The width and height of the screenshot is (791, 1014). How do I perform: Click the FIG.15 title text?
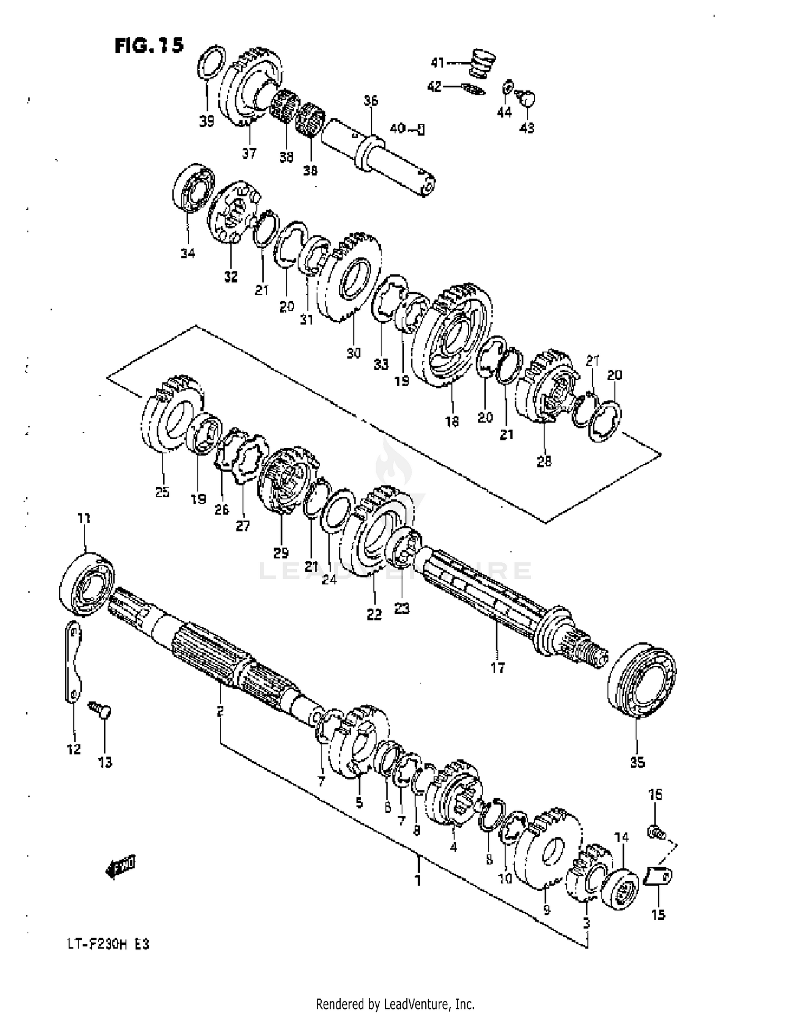pos(149,46)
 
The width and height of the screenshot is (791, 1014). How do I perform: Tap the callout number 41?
pos(438,63)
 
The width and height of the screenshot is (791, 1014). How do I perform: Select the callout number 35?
pos(637,762)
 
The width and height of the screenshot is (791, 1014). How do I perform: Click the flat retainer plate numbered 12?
pos(73,663)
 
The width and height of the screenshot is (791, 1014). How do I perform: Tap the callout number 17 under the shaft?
pos(497,668)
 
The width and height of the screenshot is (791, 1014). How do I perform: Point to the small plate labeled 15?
pos(659,877)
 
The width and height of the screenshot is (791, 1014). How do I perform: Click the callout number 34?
pos(188,253)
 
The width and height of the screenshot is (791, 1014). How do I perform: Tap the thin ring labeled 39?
pos(211,64)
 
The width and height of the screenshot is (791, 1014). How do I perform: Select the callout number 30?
pos(353,353)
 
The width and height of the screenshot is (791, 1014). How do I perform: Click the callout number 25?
pos(162,492)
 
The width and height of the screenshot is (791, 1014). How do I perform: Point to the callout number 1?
pos(418,879)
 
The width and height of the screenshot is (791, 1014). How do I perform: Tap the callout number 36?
pos(371,101)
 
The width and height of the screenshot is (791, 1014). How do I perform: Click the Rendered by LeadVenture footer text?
pos(395,1003)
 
